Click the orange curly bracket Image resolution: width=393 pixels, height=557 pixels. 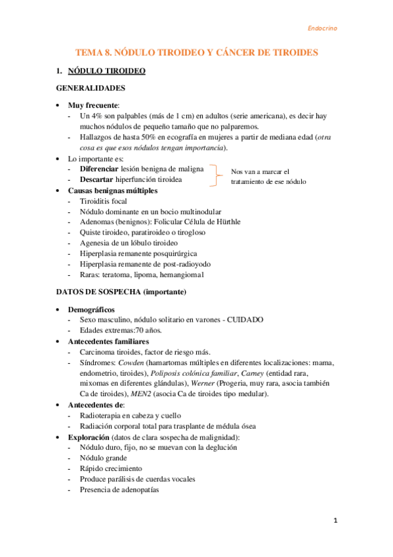213,175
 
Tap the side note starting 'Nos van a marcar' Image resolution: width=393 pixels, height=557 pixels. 268,176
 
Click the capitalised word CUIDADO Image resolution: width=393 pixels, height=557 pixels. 245,319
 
